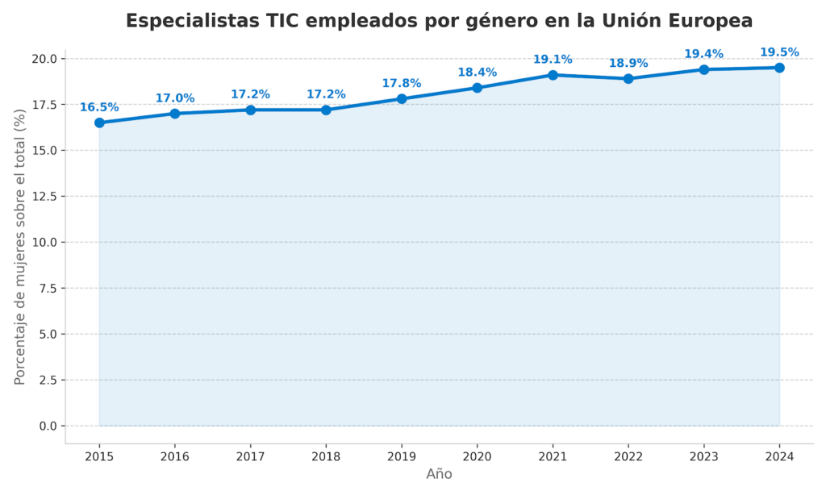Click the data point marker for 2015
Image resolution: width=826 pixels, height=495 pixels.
click(99, 123)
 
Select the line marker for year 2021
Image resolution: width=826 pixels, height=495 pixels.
click(553, 75)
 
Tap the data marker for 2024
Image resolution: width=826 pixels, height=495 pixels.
click(779, 68)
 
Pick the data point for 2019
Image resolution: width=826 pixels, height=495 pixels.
click(402, 99)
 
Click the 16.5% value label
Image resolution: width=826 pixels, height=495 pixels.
click(99, 107)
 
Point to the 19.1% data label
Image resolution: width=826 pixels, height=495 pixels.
click(553, 60)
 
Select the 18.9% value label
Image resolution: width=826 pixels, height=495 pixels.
click(628, 64)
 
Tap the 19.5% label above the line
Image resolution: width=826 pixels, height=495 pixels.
click(779, 52)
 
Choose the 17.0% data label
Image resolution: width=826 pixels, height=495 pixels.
click(175, 98)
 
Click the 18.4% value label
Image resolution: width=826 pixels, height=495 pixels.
click(477, 73)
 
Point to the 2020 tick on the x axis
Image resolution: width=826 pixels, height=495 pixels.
click(477, 456)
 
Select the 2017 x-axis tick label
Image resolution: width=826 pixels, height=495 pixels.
click(250, 456)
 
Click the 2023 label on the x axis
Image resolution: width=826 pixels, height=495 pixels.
click(703, 456)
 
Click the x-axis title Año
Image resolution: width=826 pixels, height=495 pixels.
click(439, 475)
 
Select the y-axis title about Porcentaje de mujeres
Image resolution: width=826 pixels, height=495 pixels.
click(20, 246)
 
